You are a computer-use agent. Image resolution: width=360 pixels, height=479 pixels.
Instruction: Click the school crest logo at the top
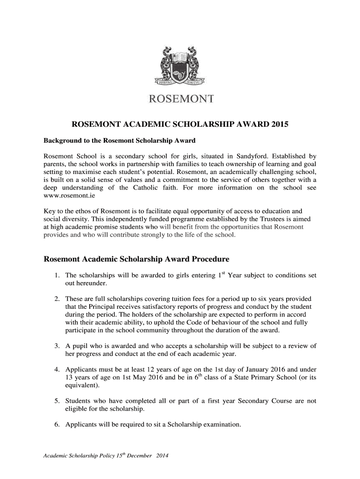[x=180, y=66]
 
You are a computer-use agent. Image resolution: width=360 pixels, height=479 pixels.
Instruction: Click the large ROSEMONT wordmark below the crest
[x=180, y=99]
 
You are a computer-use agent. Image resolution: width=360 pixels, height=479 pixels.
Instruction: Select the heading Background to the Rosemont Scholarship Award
[x=119, y=140]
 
